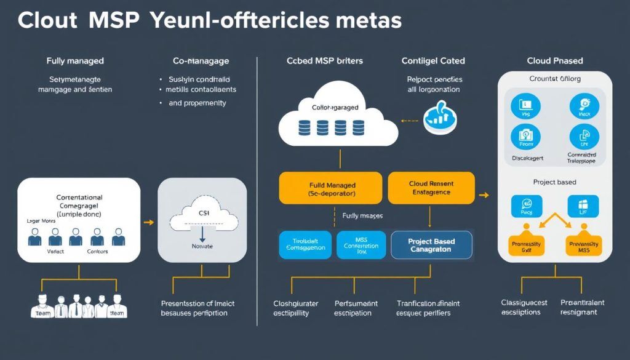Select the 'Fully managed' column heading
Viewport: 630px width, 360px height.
pyautogui.click(x=75, y=61)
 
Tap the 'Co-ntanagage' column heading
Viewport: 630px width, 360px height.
pyautogui.click(x=201, y=61)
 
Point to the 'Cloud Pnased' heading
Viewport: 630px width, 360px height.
pyautogui.click(x=554, y=61)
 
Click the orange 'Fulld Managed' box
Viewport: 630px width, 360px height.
pyautogui.click(x=332, y=188)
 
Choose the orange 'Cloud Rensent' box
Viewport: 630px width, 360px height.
pyautogui.click(x=431, y=188)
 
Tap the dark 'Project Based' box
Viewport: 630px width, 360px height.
pyautogui.click(x=431, y=245)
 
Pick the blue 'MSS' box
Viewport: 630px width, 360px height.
pyautogui.click(x=361, y=245)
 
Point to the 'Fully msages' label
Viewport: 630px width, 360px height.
pyautogui.click(x=362, y=216)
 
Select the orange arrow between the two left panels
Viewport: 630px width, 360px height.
pyautogui.click(x=148, y=223)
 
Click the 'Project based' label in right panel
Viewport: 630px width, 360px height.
pyautogui.click(x=554, y=182)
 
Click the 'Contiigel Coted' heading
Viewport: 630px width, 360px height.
pyautogui.click(x=433, y=61)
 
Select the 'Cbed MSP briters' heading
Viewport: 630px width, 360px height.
pyautogui.click(x=324, y=61)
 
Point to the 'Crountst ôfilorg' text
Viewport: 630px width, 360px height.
pyautogui.click(x=554, y=79)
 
